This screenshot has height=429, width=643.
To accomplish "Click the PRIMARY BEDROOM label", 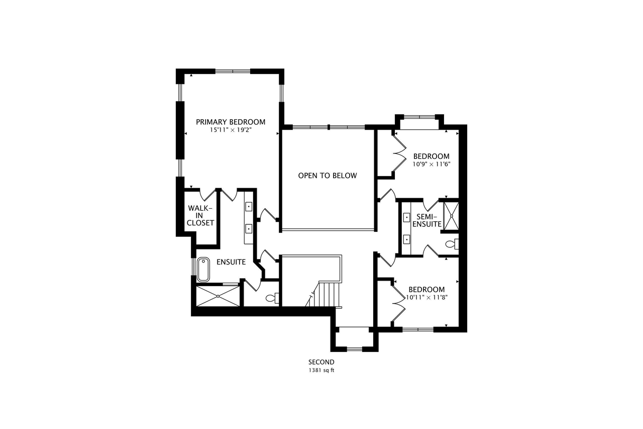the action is pos(231,122).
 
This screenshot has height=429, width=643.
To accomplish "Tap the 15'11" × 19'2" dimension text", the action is pos(231,130).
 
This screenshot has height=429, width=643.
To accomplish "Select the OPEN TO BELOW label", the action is pos(328,176).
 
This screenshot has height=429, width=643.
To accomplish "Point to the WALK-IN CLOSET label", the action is pos(200,215).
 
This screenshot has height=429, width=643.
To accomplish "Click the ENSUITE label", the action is pos(231,262).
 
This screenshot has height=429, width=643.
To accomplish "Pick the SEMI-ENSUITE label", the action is pos(427,220).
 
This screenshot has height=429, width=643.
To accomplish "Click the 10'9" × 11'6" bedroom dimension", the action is pos(432,164).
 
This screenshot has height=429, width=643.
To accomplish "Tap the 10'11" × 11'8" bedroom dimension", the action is pos(427,297).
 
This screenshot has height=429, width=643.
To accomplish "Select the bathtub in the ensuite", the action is pos(203,269).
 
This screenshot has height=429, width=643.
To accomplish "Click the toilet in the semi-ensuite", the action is pos(452,244).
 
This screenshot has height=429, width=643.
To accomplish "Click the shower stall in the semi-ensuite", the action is pos(451,216).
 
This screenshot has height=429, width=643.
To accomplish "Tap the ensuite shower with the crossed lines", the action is pos(218,296).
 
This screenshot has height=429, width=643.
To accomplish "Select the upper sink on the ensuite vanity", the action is pos(249,207).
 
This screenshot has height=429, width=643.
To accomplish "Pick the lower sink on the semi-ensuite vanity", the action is pos(406,239).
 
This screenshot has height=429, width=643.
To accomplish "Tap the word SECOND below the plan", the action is pos(321,362).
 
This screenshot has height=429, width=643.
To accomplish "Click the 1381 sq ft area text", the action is pos(321,370).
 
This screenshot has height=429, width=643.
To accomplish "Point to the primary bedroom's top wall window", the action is pos(233,71).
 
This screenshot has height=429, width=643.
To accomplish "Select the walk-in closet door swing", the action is pos(207,195).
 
